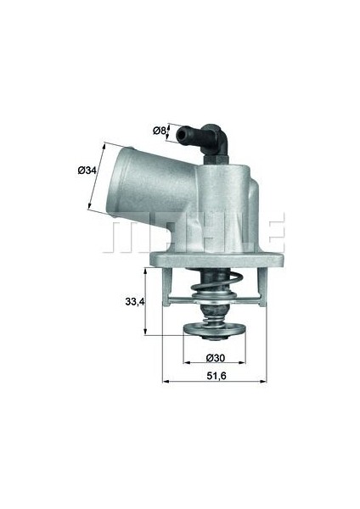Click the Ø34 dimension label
(87, 171)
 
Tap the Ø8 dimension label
(160, 130)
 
